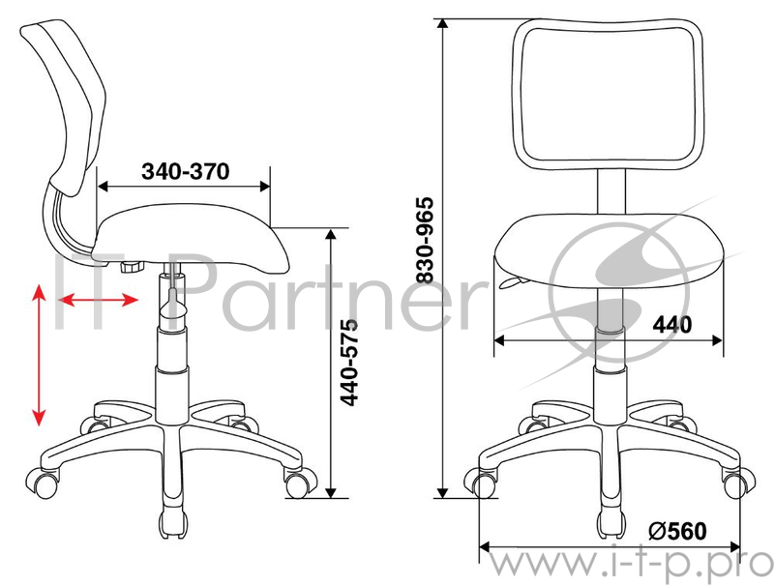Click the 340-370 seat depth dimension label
click(x=186, y=172)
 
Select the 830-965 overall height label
click(x=425, y=240)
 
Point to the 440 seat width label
click(x=672, y=325)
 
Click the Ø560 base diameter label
click(x=677, y=531)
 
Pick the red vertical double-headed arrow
click(x=39, y=355)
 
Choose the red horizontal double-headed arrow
click(x=99, y=300)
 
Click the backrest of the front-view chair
click(x=609, y=94)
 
